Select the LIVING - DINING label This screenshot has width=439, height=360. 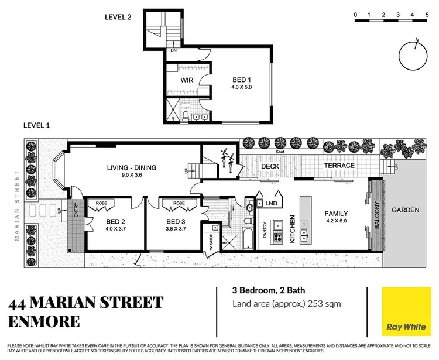click(131, 169)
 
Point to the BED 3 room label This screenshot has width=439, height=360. click(175, 221)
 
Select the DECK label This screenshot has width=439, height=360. click(270, 167)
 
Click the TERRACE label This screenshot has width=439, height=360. click(339, 166)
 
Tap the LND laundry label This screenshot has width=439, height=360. click(271, 204)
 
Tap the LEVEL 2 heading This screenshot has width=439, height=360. click(118, 17)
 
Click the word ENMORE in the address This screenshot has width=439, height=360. click(44, 321)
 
